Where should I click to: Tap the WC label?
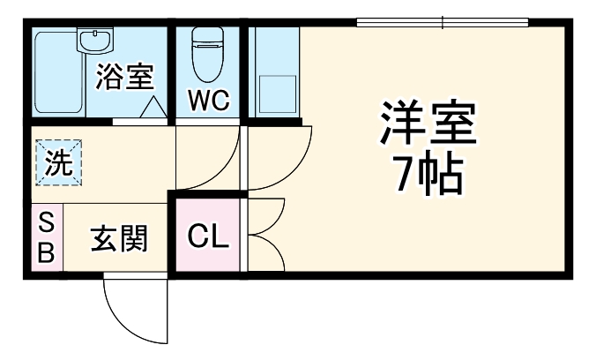coord(209,101)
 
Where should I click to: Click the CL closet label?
coord(208,236)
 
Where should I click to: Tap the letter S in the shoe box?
coord(46,222)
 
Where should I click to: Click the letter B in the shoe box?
coord(46,253)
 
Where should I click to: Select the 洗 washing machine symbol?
coord(57,163)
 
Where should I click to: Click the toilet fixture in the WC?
coord(208,53)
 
